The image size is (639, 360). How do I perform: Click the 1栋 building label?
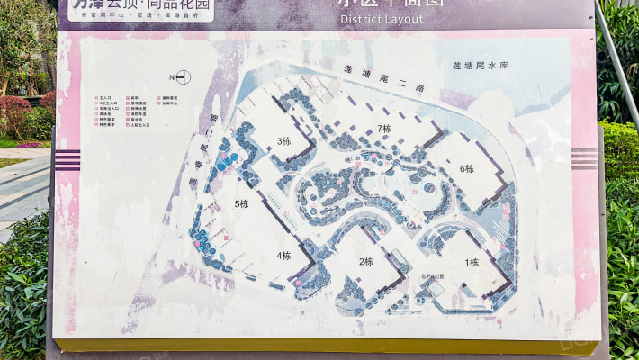coord(472,263)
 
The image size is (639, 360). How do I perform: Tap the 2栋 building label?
coord(365,262)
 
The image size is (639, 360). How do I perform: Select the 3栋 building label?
coord(284,140)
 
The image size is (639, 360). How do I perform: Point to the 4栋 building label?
coord(283,255)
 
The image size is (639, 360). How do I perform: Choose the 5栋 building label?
coord(241,203)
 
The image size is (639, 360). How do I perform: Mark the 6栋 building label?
coord(466,168)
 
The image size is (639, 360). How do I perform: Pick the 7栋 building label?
coord(384,129)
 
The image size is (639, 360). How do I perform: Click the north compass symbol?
coord(182,76)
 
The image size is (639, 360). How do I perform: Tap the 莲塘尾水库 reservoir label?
coord(481,66)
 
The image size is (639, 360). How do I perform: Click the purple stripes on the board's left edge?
coord(67,160)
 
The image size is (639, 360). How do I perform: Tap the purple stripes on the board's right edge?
coord(584,158)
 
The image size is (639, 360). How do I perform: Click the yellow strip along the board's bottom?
coord(324,346)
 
